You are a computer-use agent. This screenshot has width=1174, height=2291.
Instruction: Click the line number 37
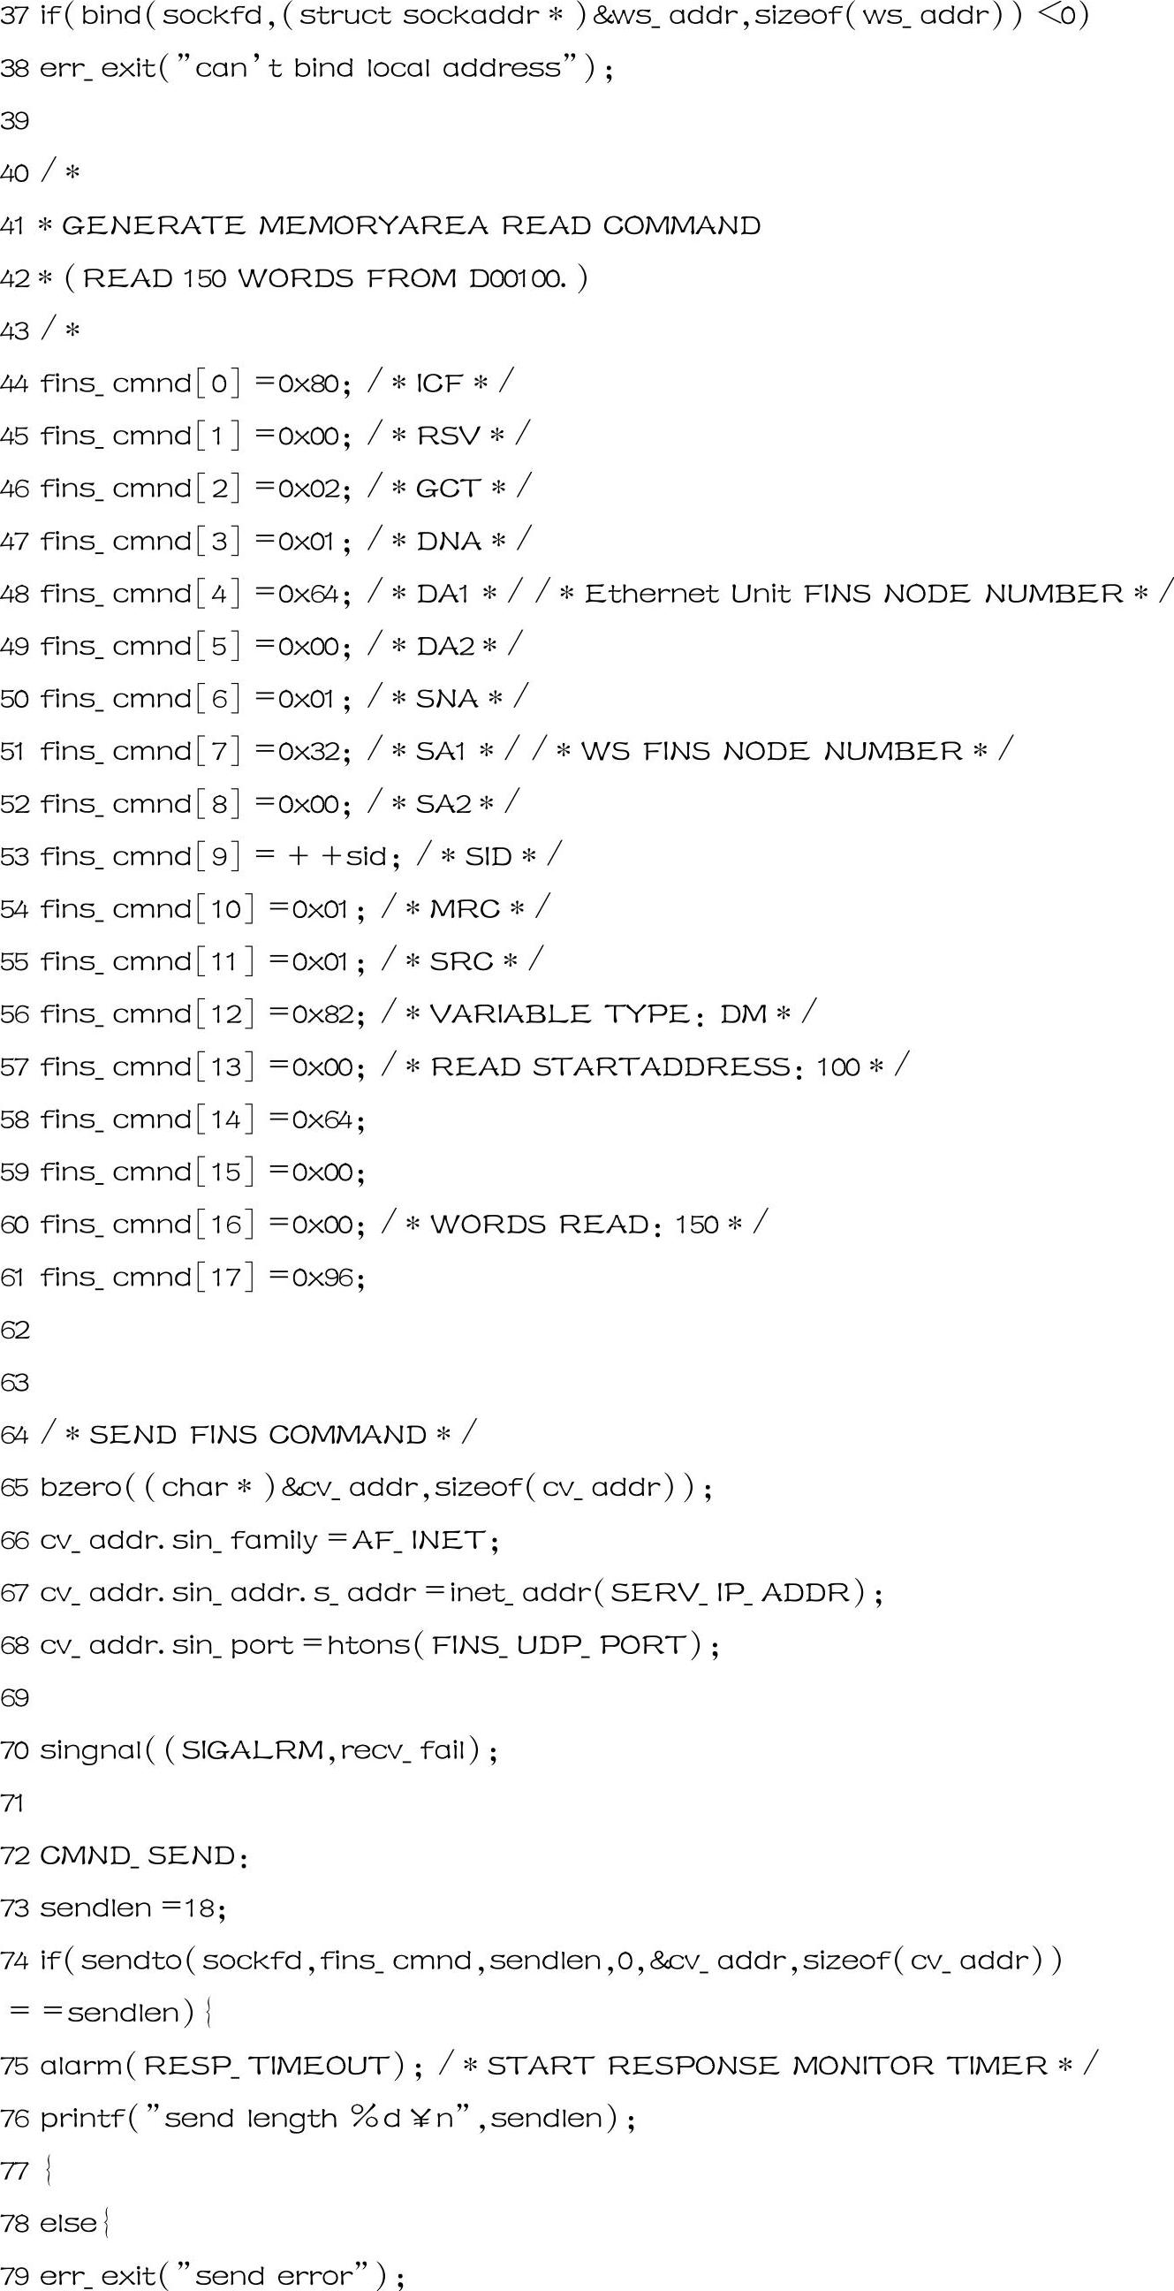pos(14,16)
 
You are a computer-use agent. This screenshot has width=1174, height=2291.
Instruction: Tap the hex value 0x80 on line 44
pos(307,383)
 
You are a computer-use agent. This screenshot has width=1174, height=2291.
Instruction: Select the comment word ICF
pos(439,383)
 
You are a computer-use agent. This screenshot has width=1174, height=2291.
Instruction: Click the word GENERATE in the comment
pos(153,226)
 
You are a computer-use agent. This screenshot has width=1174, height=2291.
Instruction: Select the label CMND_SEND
pos(138,1856)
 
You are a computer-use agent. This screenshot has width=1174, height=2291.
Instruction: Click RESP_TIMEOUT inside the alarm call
pos(266,2066)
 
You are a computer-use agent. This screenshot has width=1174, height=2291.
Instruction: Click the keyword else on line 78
pos(69,2223)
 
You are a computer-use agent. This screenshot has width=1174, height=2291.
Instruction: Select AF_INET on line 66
pos(419,1540)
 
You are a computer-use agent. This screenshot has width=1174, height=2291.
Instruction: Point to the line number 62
pos(14,1330)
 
